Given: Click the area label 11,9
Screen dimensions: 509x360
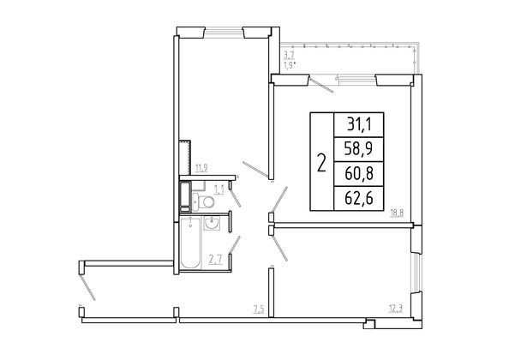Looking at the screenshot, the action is click(201, 168).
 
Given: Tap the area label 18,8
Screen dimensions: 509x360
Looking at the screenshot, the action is click(397, 213).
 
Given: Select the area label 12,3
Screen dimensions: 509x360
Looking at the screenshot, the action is click(396, 309).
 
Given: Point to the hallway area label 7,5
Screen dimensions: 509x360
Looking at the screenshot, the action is click(259, 309).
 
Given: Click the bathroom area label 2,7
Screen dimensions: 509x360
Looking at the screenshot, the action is click(216, 260).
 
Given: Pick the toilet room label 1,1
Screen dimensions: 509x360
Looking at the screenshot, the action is click(219, 189).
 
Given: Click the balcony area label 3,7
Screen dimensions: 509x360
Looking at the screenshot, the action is click(289, 55).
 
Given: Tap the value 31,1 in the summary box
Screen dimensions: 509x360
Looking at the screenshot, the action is click(359, 124).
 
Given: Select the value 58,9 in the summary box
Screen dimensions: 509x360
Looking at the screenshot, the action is click(359, 149).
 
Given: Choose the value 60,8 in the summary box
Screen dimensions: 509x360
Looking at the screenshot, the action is click(359, 174).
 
